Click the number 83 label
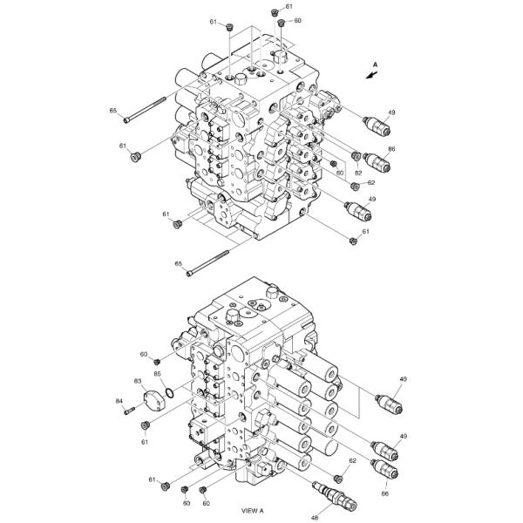click(138, 381)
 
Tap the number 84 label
click(119, 401)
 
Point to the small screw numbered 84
click(129, 411)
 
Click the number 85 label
click(158, 374)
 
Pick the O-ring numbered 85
click(169, 393)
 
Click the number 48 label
click(314, 518)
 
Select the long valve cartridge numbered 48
click(335, 497)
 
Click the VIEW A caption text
click(253, 511)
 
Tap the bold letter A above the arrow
click(375, 65)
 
